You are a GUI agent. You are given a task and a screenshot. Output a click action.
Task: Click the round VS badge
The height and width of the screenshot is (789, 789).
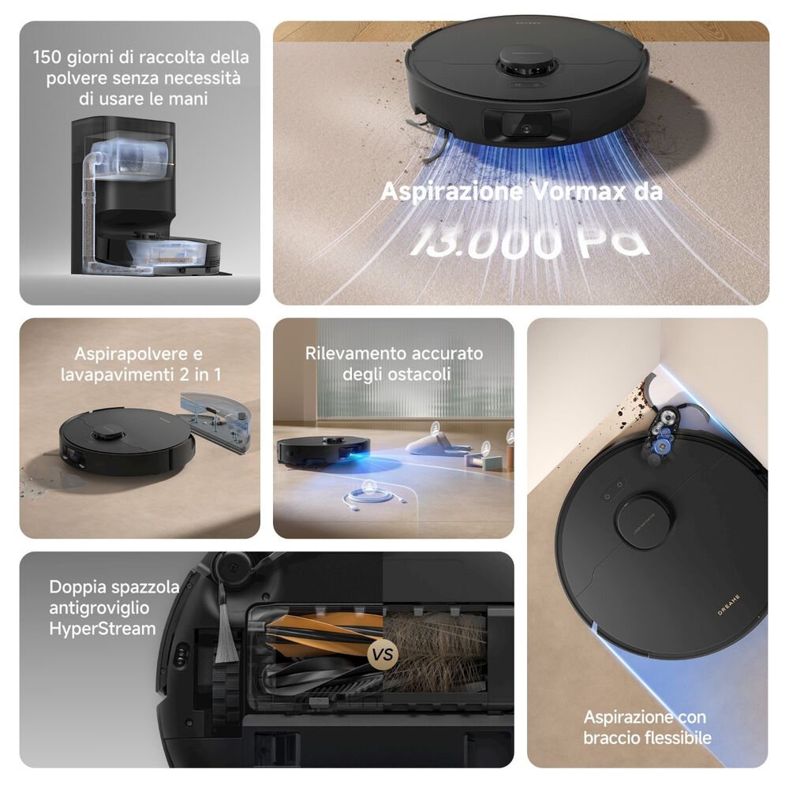tap(383, 653)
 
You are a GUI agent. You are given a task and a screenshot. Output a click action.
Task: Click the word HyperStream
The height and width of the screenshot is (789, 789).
tap(102, 629)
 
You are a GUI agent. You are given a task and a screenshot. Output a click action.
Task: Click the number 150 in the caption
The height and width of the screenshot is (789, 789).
tap(48, 58)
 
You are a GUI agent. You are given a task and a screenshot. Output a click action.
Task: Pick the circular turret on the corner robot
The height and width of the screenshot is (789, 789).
tap(644, 520)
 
